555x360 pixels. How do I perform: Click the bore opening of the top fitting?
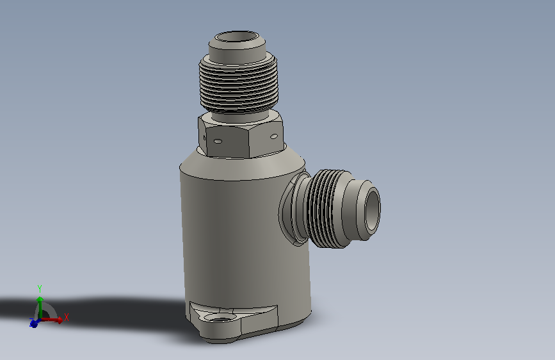(237, 37)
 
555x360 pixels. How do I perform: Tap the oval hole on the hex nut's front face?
(218, 142)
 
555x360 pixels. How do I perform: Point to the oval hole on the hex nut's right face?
(273, 136)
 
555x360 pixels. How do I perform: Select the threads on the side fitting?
(324, 209)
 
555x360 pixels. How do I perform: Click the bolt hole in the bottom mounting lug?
(221, 317)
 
